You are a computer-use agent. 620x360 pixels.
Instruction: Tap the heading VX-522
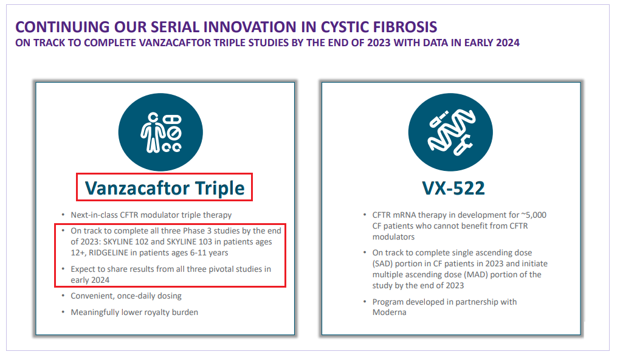(x=453, y=189)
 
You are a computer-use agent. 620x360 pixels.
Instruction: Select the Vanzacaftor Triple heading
(x=165, y=188)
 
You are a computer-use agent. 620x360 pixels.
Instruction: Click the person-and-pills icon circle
(x=160, y=132)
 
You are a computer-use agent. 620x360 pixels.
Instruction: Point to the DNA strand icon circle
(x=450, y=132)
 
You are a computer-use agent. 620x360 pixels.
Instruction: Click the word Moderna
(x=389, y=312)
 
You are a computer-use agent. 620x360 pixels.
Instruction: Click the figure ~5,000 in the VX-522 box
(x=534, y=215)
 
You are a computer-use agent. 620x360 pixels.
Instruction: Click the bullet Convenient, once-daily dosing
(x=126, y=296)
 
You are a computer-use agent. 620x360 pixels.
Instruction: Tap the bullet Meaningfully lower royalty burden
(x=134, y=312)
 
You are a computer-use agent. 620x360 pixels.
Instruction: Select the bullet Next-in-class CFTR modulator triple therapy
(x=151, y=215)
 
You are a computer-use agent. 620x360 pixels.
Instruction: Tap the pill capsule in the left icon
(x=173, y=119)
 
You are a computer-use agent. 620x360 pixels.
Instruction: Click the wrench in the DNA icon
(x=463, y=145)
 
